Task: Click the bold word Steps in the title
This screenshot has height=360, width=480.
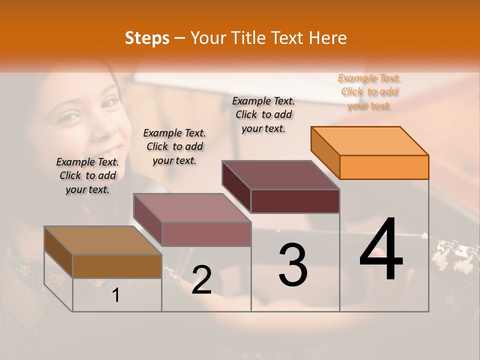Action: click(x=147, y=38)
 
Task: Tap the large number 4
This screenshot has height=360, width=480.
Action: click(x=381, y=249)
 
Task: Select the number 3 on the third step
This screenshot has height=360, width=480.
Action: click(x=292, y=264)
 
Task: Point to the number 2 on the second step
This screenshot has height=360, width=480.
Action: click(x=202, y=280)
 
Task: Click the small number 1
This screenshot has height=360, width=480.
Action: click(x=115, y=295)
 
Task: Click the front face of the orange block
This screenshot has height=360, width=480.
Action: click(x=384, y=167)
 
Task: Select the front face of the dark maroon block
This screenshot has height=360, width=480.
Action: click(x=295, y=201)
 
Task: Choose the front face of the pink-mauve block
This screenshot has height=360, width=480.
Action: click(x=206, y=234)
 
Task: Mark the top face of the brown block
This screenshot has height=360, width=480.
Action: click(x=103, y=240)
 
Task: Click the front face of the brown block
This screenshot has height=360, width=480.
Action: click(x=117, y=266)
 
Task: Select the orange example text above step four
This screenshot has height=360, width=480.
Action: click(x=369, y=92)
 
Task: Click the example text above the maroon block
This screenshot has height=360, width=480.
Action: click(x=263, y=114)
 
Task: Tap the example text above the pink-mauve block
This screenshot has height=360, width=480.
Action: click(x=174, y=146)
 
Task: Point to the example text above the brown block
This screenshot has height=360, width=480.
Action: click(x=87, y=175)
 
